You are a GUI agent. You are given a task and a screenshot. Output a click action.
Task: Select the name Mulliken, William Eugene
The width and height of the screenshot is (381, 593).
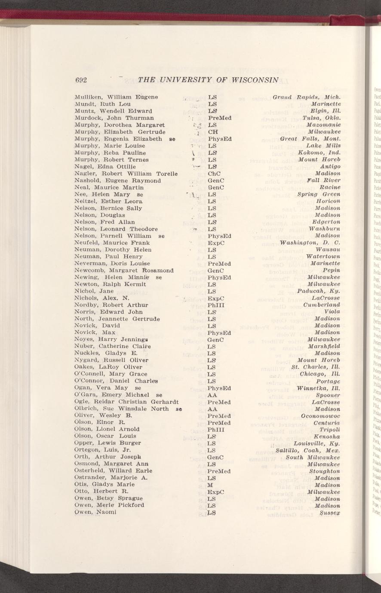click(116, 97)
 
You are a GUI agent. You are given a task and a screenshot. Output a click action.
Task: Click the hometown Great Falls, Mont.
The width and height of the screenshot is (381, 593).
click(310, 139)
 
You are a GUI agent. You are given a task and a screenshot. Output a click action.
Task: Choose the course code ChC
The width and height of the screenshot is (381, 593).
click(214, 174)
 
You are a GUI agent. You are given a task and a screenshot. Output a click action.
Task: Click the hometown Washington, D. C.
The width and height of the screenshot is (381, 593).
click(310, 243)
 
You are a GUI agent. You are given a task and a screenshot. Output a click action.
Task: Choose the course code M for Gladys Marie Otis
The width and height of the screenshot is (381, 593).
click(210, 485)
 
